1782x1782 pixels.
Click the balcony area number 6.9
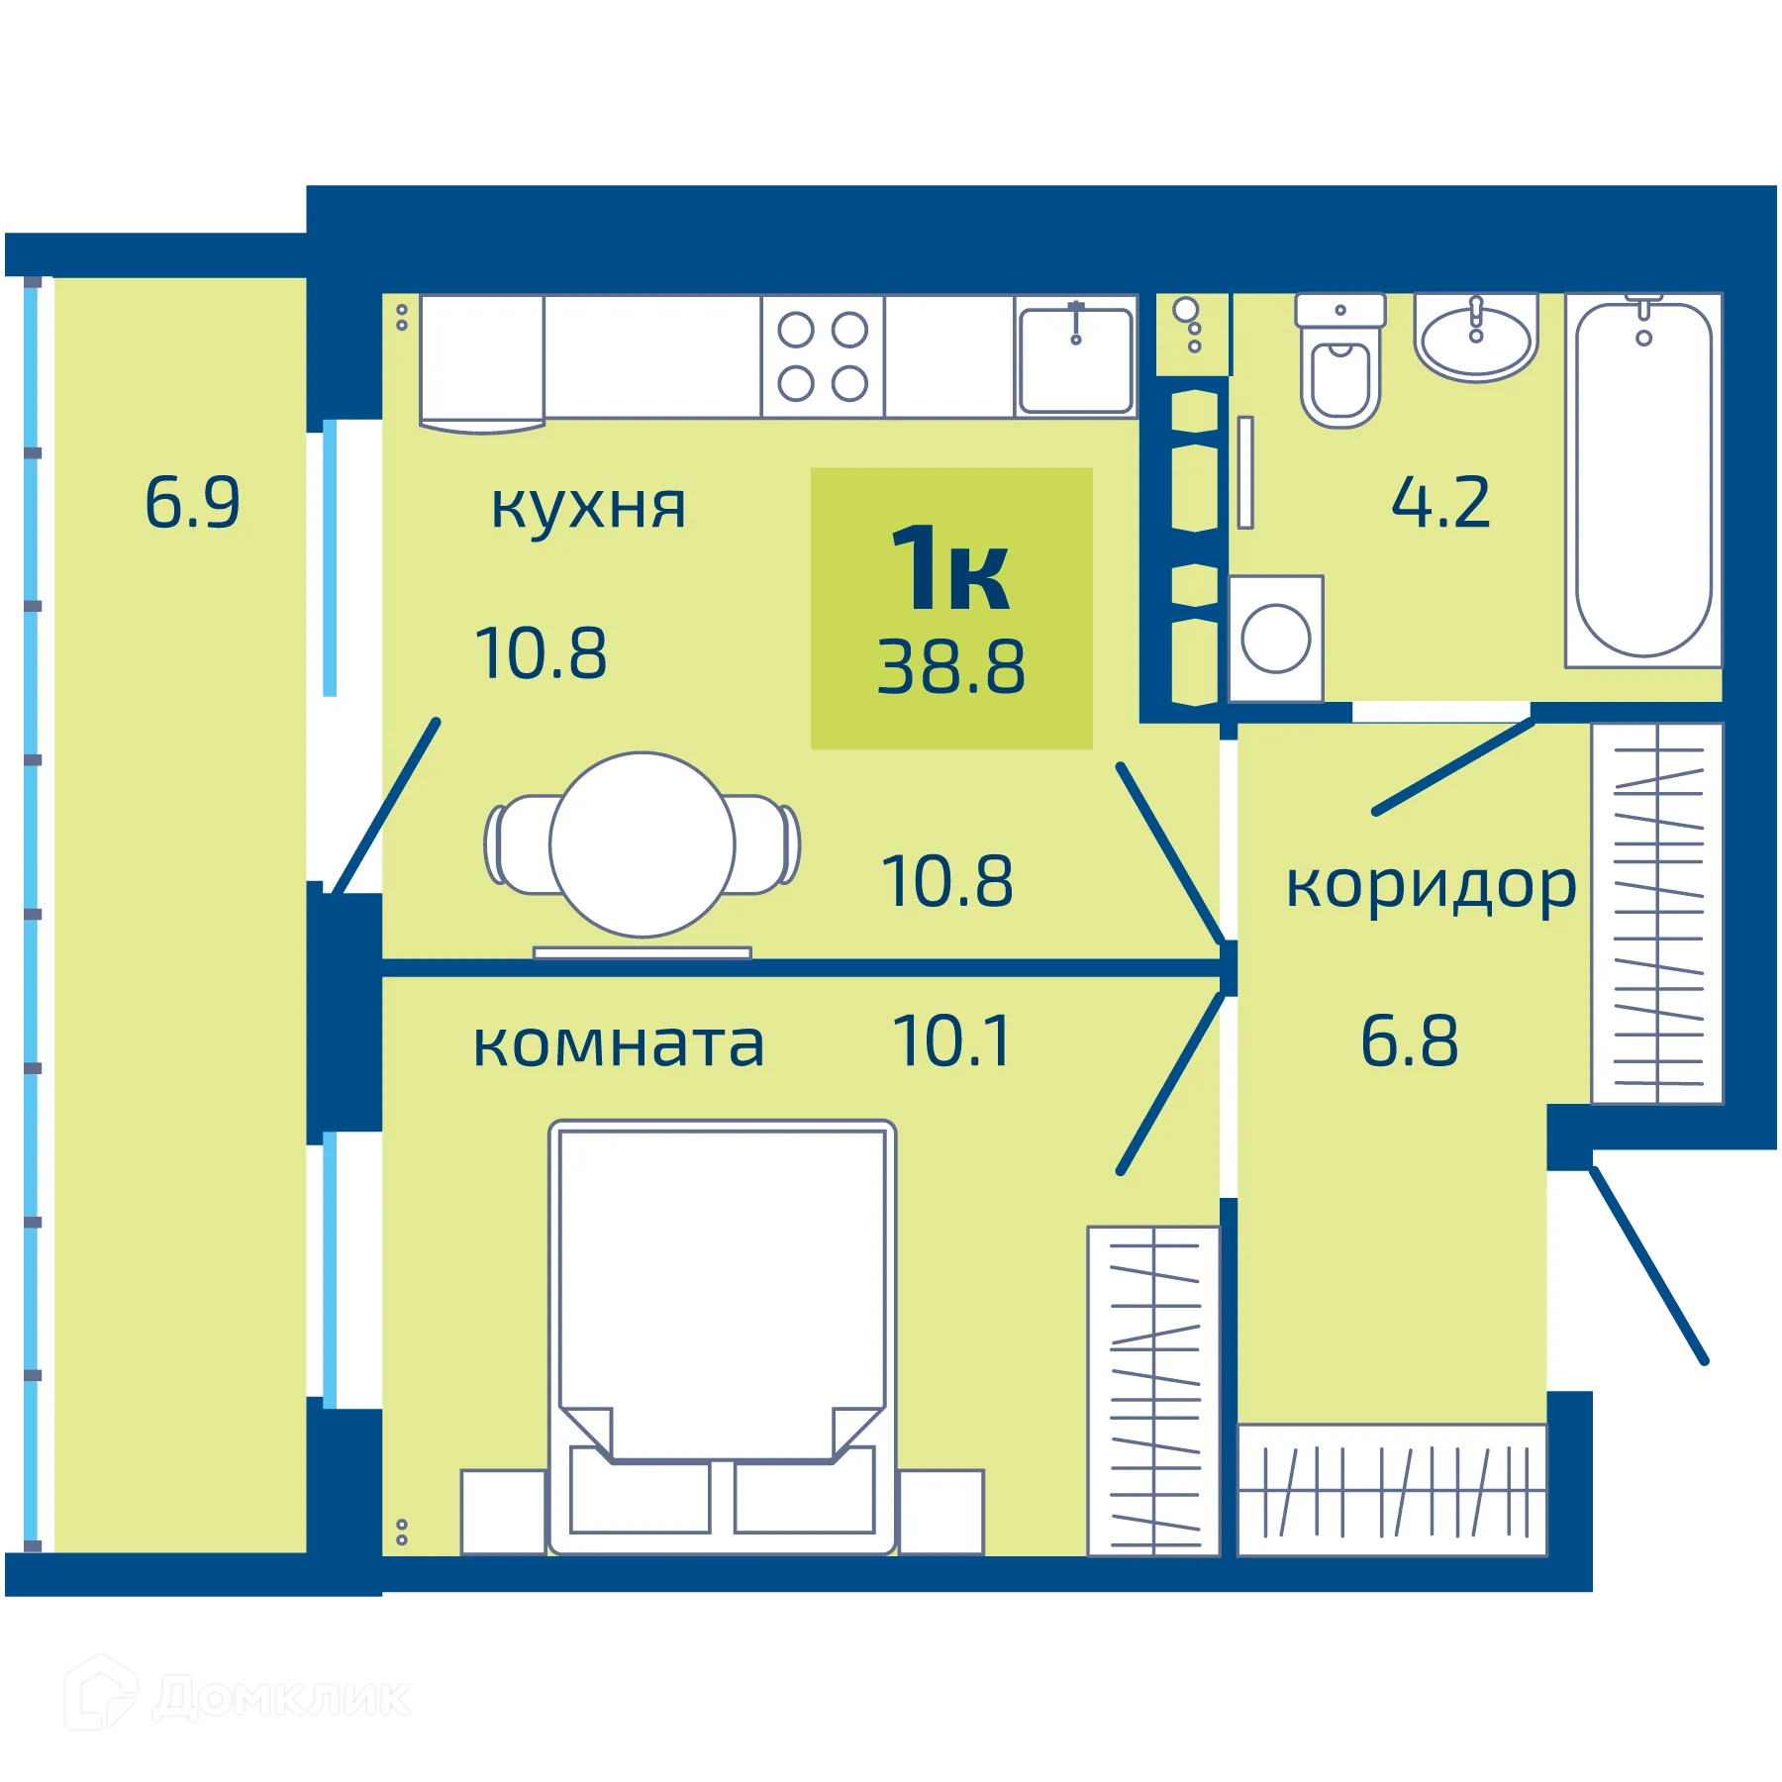pyautogui.click(x=192, y=503)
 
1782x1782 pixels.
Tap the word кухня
pyautogui.click(x=588, y=506)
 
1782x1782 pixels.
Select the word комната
pyautogui.click(x=619, y=1044)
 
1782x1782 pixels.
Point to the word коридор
pyautogui.click(x=1430, y=885)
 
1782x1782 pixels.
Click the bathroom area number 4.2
pyautogui.click(x=1440, y=503)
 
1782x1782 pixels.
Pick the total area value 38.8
pyautogui.click(x=950, y=667)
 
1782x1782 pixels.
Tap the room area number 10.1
pyautogui.click(x=951, y=1041)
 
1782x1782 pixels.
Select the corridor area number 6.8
pyautogui.click(x=1409, y=1041)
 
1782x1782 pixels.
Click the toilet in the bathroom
pyautogui.click(x=1339, y=366)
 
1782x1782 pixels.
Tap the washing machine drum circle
pyautogui.click(x=1275, y=639)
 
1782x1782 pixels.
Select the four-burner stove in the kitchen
pyautogui.click(x=823, y=356)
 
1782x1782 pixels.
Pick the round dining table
pyautogui.click(x=643, y=844)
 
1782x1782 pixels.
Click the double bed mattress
pyautogui.click(x=722, y=1287)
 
